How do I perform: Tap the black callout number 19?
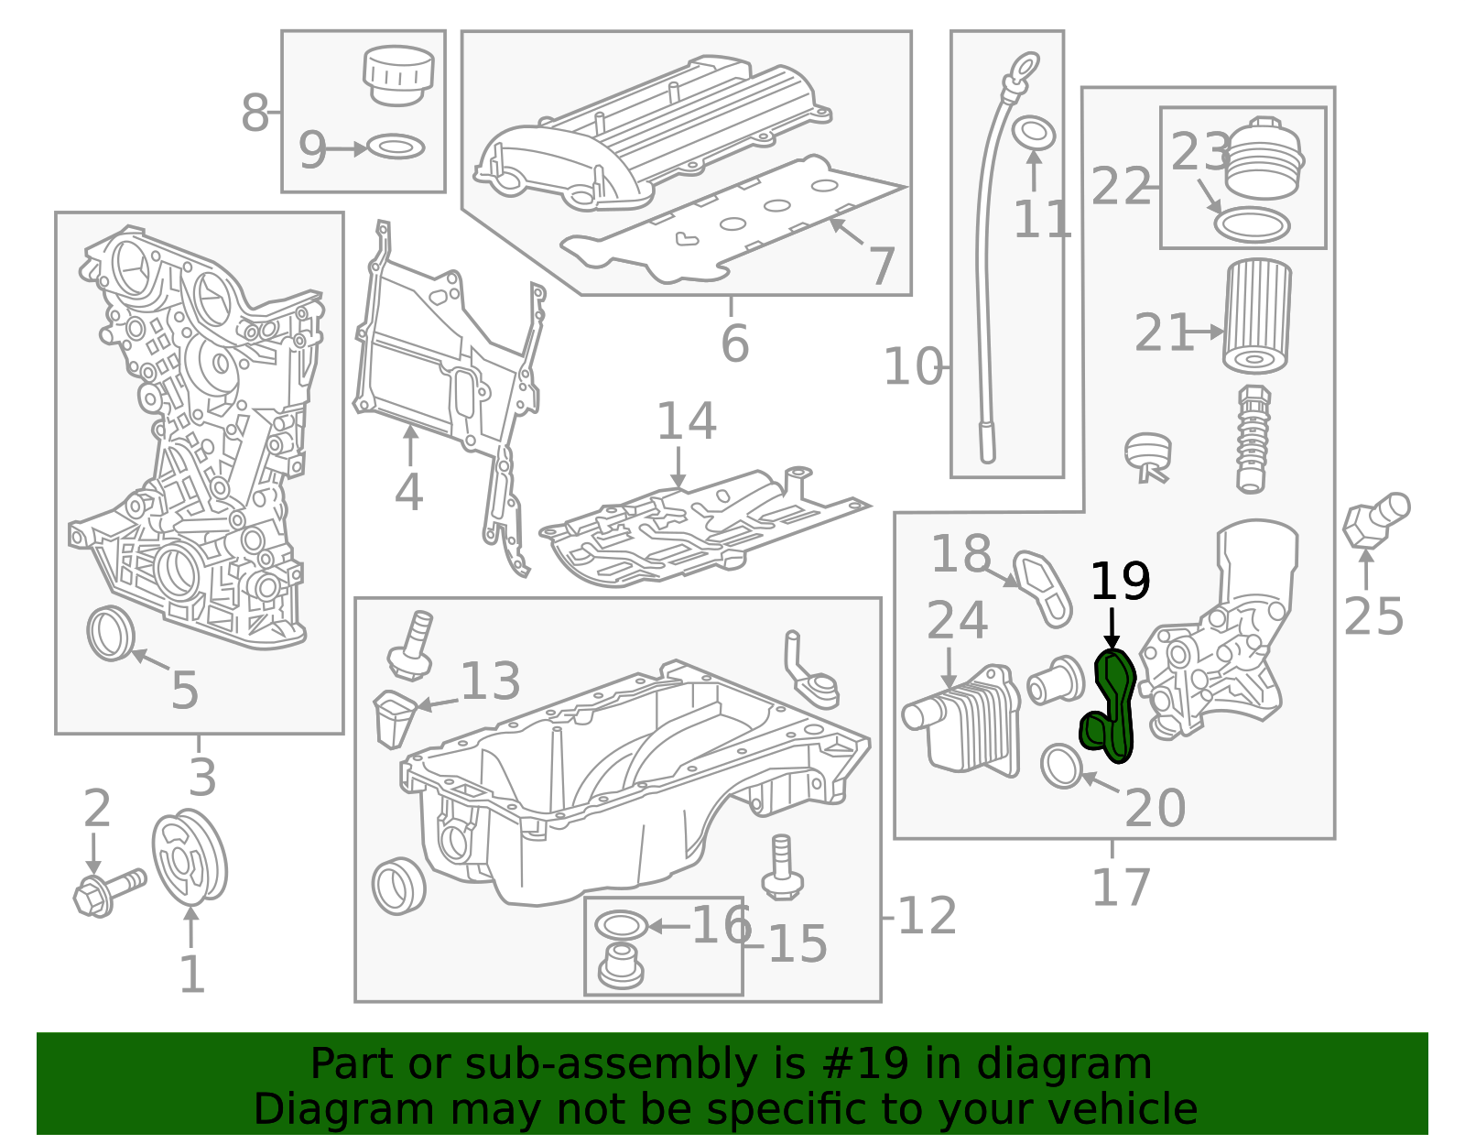pyautogui.click(x=1120, y=582)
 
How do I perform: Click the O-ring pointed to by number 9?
pyautogui.click(x=396, y=147)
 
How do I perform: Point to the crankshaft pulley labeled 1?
pyautogui.click(x=190, y=857)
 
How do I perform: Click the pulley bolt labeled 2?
pyautogui.click(x=107, y=891)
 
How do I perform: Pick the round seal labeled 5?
pyautogui.click(x=112, y=633)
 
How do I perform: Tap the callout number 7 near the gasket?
pyautogui.click(x=881, y=266)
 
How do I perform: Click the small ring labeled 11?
pyautogui.click(x=1035, y=133)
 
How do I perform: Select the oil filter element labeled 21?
pyautogui.click(x=1257, y=316)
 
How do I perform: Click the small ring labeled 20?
pyautogui.click(x=1062, y=767)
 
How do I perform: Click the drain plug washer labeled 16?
pyautogui.click(x=621, y=925)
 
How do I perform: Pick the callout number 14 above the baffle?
pyautogui.click(x=686, y=421)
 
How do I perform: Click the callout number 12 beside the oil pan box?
pyautogui.click(x=927, y=916)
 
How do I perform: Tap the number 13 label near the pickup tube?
pyautogui.click(x=490, y=681)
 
